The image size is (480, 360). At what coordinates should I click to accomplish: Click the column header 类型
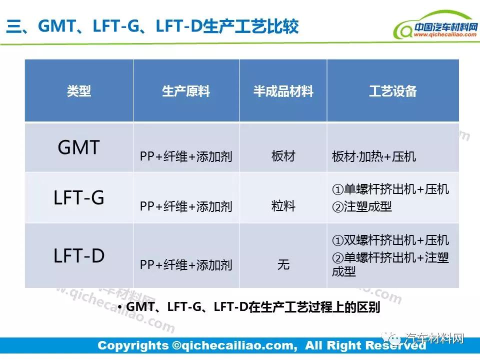click(x=79, y=91)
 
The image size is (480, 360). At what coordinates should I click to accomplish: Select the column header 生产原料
click(x=186, y=91)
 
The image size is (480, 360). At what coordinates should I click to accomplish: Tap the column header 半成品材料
click(x=283, y=91)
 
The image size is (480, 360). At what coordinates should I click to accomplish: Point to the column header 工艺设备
click(x=393, y=91)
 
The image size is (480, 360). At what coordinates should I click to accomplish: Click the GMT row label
click(x=79, y=147)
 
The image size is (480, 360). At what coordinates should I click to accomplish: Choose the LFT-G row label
click(x=79, y=197)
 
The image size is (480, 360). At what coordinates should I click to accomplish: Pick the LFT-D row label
click(x=79, y=255)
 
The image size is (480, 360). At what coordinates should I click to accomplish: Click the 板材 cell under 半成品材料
click(x=283, y=156)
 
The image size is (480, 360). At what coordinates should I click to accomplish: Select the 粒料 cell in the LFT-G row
click(x=283, y=206)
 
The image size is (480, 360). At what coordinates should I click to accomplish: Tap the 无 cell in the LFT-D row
click(x=283, y=264)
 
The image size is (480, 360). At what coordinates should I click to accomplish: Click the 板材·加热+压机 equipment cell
click(x=374, y=156)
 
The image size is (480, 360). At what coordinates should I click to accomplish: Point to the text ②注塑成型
click(x=362, y=206)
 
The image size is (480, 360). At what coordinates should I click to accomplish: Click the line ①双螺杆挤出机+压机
click(x=390, y=240)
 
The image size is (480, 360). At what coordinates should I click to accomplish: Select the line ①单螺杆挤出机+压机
click(x=390, y=189)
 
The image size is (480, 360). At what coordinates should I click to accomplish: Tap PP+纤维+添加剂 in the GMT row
click(x=186, y=156)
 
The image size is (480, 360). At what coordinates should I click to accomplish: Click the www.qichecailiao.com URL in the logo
click(x=445, y=35)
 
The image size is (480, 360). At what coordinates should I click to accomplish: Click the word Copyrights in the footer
click(x=133, y=345)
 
